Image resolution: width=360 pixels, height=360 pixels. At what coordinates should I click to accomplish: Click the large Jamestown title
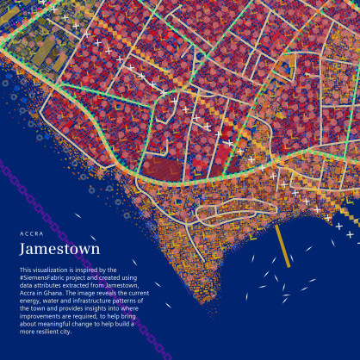point(59,249)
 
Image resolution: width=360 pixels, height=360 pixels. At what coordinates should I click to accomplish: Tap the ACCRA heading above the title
point(31,233)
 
